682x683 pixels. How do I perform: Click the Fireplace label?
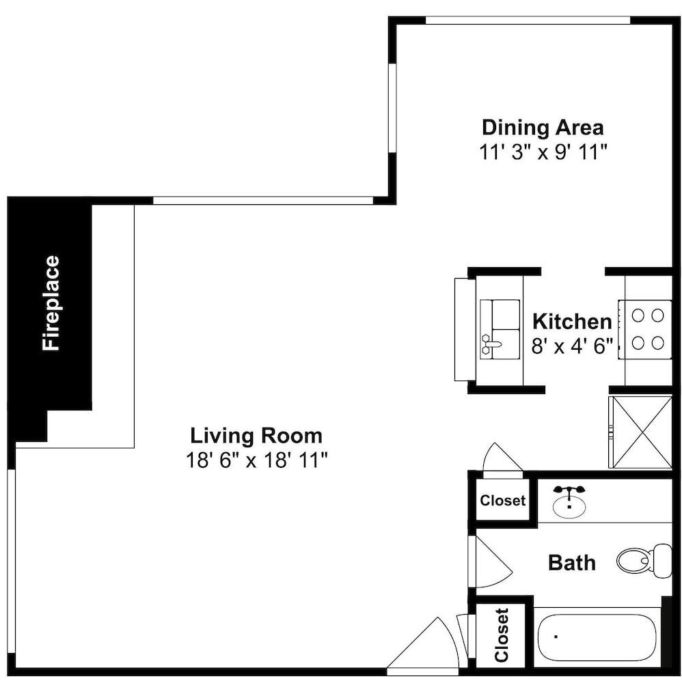51,303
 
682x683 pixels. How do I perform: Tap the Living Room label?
256,436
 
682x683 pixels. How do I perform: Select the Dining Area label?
543,128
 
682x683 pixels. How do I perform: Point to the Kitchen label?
572,322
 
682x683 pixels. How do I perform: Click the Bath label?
572,562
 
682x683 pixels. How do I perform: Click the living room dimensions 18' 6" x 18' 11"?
256,460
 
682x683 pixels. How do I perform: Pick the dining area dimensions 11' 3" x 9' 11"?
543,152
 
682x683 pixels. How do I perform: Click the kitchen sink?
500,329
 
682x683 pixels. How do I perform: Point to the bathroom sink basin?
569,505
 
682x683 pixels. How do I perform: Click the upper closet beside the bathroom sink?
502,500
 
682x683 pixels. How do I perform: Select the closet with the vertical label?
502,635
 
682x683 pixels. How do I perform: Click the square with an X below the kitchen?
640,432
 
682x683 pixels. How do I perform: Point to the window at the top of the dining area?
528,20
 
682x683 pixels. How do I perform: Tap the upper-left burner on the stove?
638,315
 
